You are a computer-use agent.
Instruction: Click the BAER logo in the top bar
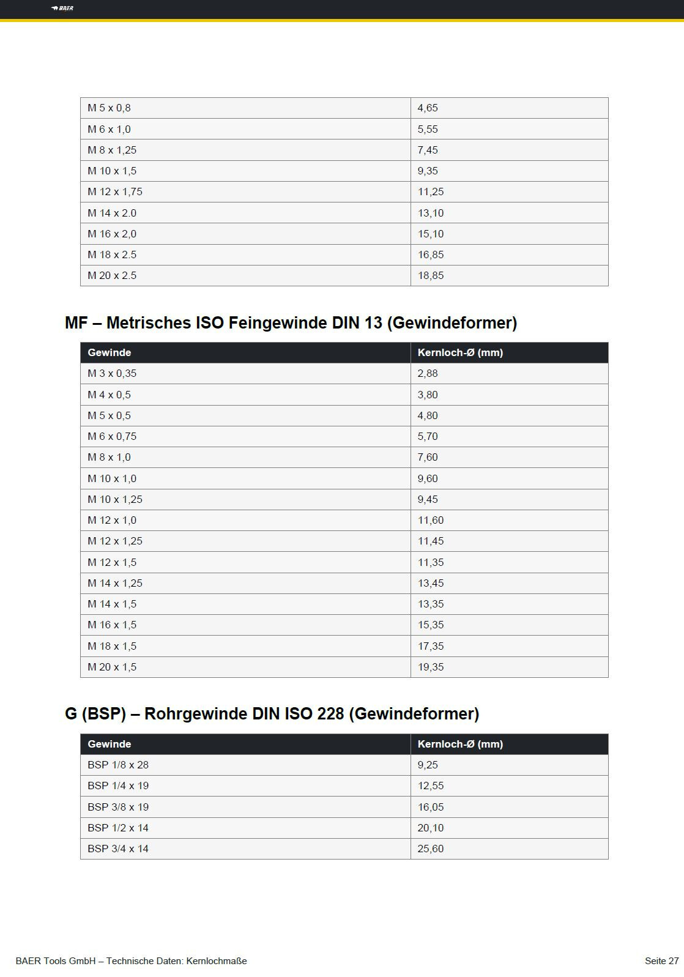(62, 9)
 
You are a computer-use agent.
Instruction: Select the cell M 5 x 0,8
(109, 108)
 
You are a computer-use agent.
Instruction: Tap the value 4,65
(428, 108)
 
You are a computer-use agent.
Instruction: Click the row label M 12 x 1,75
(115, 192)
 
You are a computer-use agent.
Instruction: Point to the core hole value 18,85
(431, 276)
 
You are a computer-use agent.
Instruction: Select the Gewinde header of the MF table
(110, 353)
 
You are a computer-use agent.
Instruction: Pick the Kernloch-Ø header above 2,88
(460, 353)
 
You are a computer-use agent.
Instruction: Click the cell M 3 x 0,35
(112, 374)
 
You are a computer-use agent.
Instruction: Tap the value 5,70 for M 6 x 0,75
(428, 437)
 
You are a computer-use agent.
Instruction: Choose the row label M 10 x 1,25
(115, 500)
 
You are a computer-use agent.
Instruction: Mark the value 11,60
(431, 521)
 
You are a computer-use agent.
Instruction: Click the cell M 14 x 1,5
(112, 604)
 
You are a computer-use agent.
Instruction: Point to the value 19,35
(431, 667)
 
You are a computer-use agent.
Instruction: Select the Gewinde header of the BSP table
(110, 745)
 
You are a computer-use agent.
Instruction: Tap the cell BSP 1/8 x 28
(118, 765)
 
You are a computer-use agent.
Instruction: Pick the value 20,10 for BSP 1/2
(431, 828)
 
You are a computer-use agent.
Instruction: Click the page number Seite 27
(661, 961)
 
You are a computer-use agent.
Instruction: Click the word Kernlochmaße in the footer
(217, 961)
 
